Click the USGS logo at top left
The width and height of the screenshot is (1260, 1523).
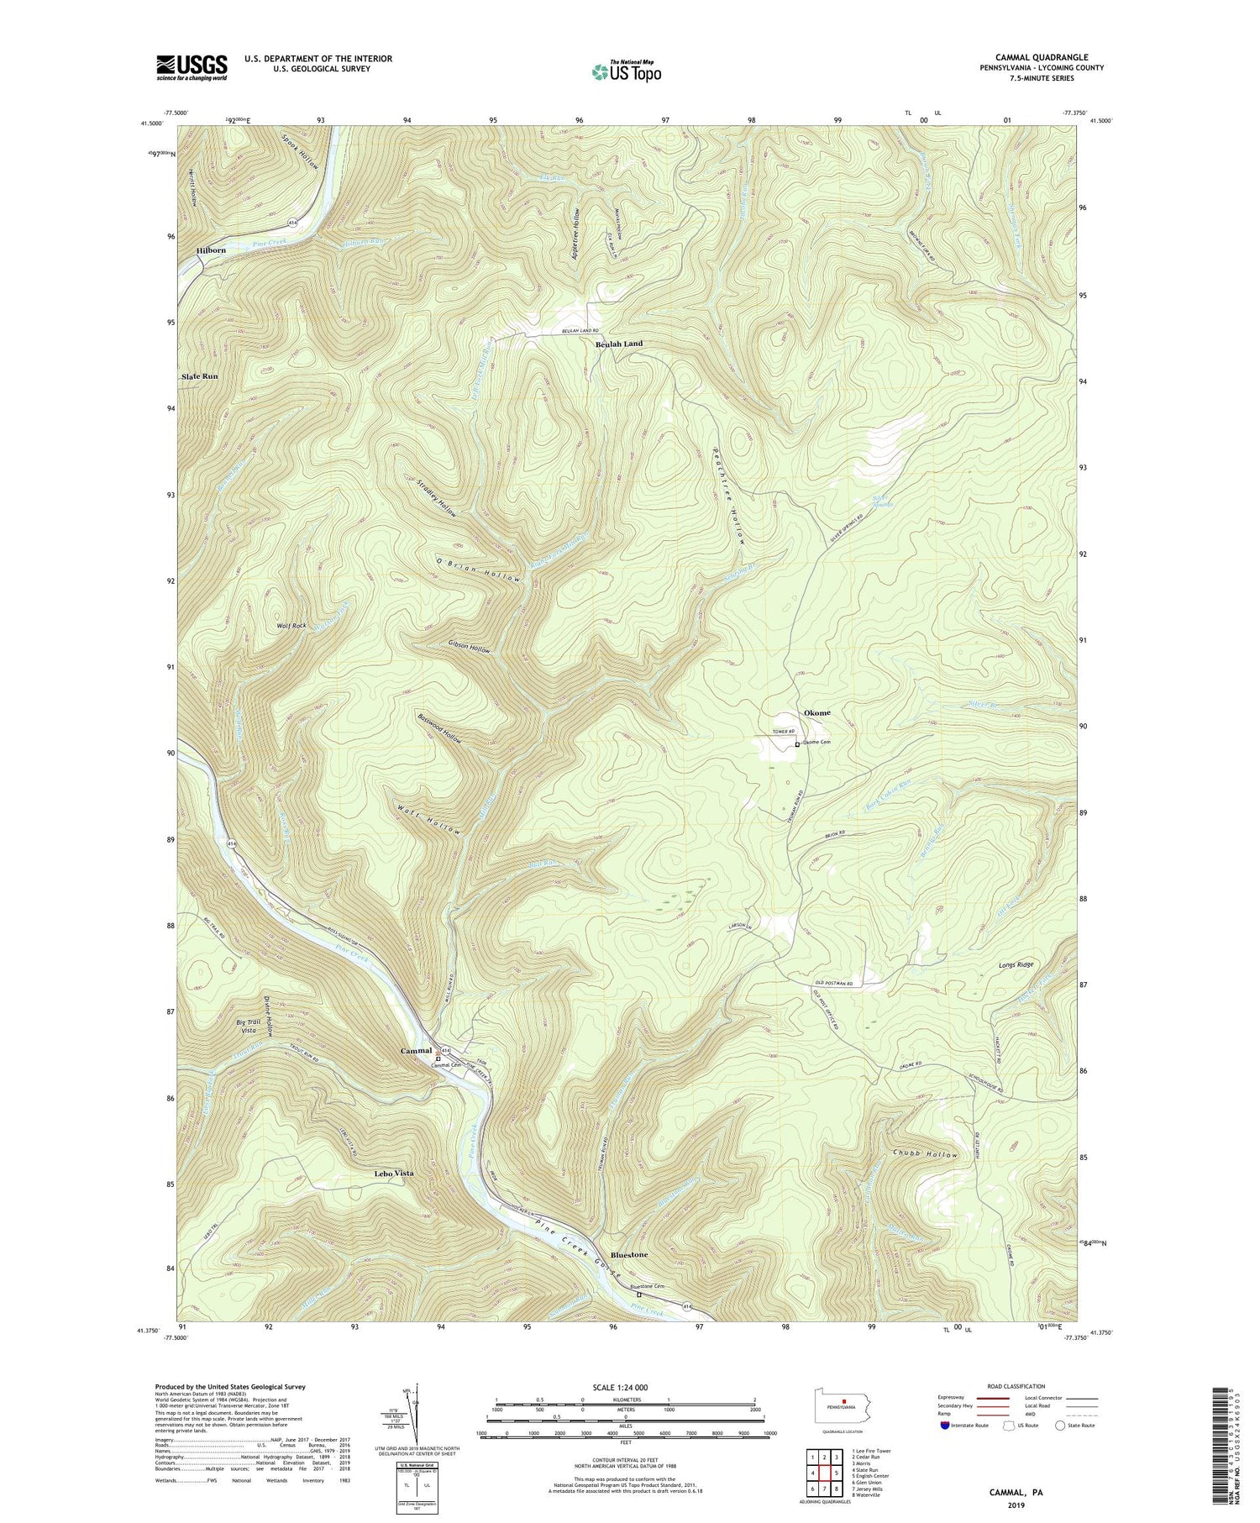pyautogui.click(x=192, y=66)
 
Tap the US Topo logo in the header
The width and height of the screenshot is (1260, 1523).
pyautogui.click(x=626, y=72)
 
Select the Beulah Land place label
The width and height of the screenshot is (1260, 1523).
pyautogui.click(x=619, y=344)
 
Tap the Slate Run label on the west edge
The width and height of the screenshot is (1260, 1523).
pyautogui.click(x=200, y=376)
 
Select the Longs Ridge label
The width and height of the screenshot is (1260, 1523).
pyautogui.click(x=1016, y=965)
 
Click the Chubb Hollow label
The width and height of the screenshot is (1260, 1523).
pyautogui.click(x=925, y=1155)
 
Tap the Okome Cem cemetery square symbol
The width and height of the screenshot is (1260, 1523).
pyautogui.click(x=797, y=744)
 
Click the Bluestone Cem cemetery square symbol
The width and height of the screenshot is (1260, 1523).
pyautogui.click(x=649, y=1295)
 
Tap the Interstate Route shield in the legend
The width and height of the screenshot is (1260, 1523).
pyautogui.click(x=946, y=1426)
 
